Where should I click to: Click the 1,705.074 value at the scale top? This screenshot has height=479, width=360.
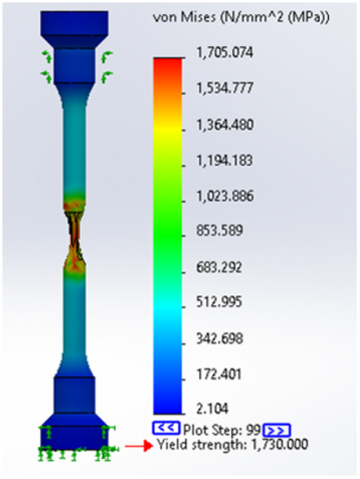click(x=225, y=53)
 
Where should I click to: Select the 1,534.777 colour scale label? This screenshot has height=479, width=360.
click(x=225, y=88)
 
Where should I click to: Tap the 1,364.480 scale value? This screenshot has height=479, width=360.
click(x=225, y=125)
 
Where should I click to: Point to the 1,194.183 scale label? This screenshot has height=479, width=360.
click(x=224, y=161)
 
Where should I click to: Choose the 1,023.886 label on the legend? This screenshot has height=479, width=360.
click(x=225, y=196)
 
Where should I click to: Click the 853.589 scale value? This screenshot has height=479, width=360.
click(x=219, y=231)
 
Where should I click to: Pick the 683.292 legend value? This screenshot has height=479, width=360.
click(x=219, y=267)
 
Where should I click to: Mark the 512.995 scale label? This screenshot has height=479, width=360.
click(x=219, y=302)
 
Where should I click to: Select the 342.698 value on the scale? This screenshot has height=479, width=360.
click(x=219, y=338)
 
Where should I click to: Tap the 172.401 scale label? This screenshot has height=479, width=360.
click(x=218, y=374)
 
